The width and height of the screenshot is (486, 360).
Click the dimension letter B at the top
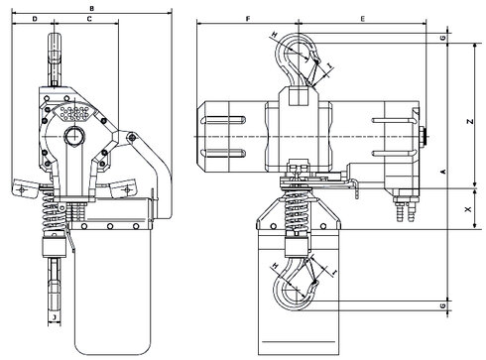pyautogui.click(x=92, y=8)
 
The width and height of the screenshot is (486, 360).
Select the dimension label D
pyautogui.click(x=35, y=19)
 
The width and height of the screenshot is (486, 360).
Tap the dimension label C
pyautogui.click(x=89, y=19)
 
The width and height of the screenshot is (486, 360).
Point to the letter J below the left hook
pyautogui.click(x=55, y=317)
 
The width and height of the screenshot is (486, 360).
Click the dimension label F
pyautogui.click(x=248, y=19)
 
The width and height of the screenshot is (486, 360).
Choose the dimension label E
pyautogui.click(x=363, y=19)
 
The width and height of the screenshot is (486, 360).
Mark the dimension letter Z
pyautogui.click(x=470, y=121)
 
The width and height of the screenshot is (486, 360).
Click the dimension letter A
pyautogui.click(x=443, y=172)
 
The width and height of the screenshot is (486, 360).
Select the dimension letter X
pyautogui.click(x=468, y=209)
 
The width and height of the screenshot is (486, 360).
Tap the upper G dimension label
pyautogui.click(x=443, y=38)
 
